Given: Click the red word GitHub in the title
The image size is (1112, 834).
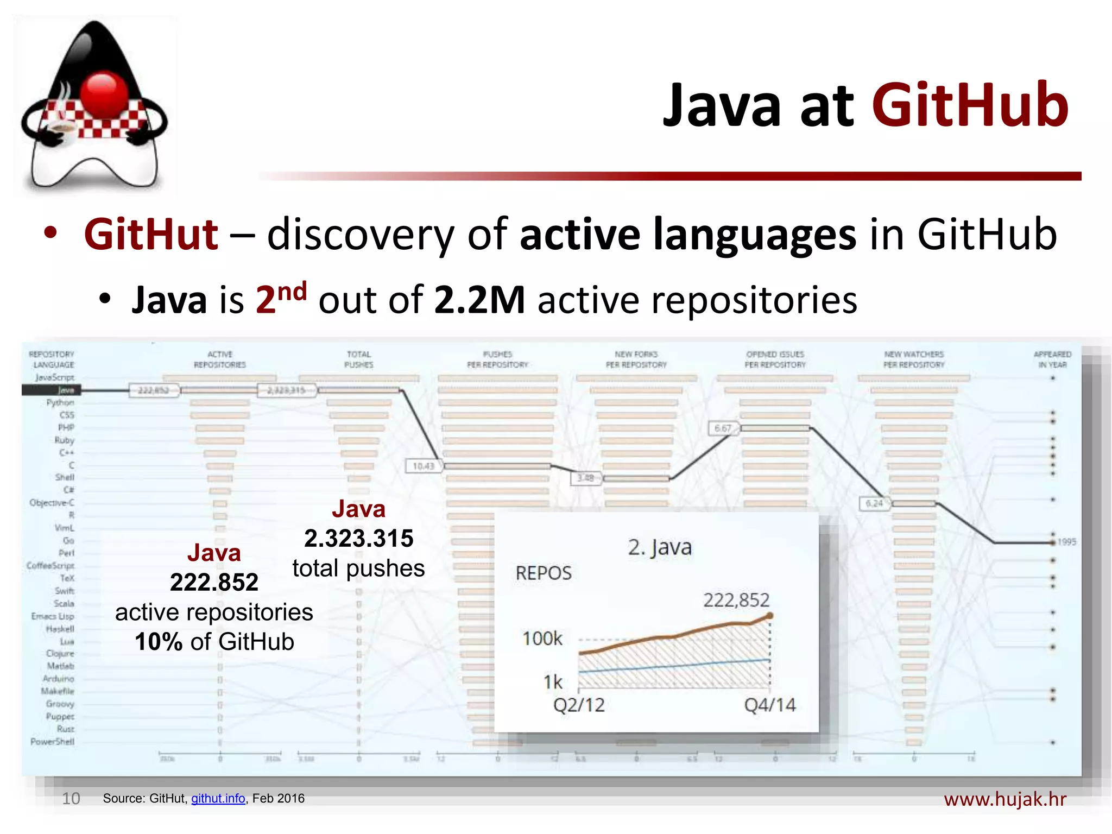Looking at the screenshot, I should coord(970,106).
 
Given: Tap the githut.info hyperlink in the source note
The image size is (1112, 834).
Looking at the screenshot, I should coord(218,798).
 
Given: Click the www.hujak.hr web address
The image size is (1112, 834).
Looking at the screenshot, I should coord(1005,799).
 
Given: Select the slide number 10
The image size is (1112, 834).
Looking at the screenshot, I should coord(71,798).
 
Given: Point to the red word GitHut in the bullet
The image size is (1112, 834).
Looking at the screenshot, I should coord(151,235).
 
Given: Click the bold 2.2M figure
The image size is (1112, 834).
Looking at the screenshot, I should coord(479,300).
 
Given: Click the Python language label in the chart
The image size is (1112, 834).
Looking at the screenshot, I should coord(60,402).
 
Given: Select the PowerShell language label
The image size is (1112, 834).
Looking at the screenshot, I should coord(52,742).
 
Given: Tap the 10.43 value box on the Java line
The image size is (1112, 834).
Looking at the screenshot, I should coord(423,466).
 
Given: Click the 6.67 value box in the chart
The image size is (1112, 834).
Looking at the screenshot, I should coord(723,428).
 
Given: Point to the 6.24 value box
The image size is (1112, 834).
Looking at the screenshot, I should coord(874,503).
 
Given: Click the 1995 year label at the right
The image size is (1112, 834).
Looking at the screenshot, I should coord(1066,542).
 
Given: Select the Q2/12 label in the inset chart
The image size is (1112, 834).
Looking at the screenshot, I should coord(579,705).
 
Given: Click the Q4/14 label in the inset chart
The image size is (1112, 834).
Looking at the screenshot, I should coord(769,705).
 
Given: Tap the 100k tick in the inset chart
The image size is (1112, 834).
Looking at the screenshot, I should coord(542,639).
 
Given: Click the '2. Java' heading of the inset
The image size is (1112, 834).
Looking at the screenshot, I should coord(660,547).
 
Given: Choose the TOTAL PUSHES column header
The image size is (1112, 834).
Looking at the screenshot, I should coord(359,359).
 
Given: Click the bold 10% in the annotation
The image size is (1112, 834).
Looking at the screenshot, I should coord(159,642).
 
